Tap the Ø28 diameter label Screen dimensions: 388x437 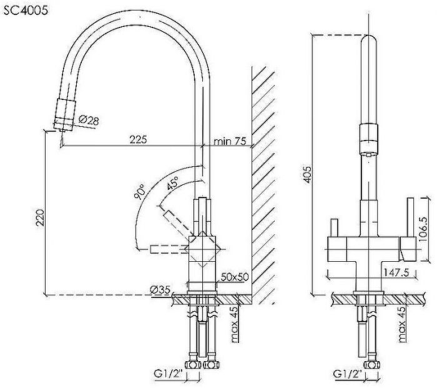89,121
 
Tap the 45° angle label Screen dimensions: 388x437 172,183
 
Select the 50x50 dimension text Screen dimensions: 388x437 234,276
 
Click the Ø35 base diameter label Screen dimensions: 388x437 160,289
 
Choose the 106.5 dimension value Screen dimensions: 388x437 424,228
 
